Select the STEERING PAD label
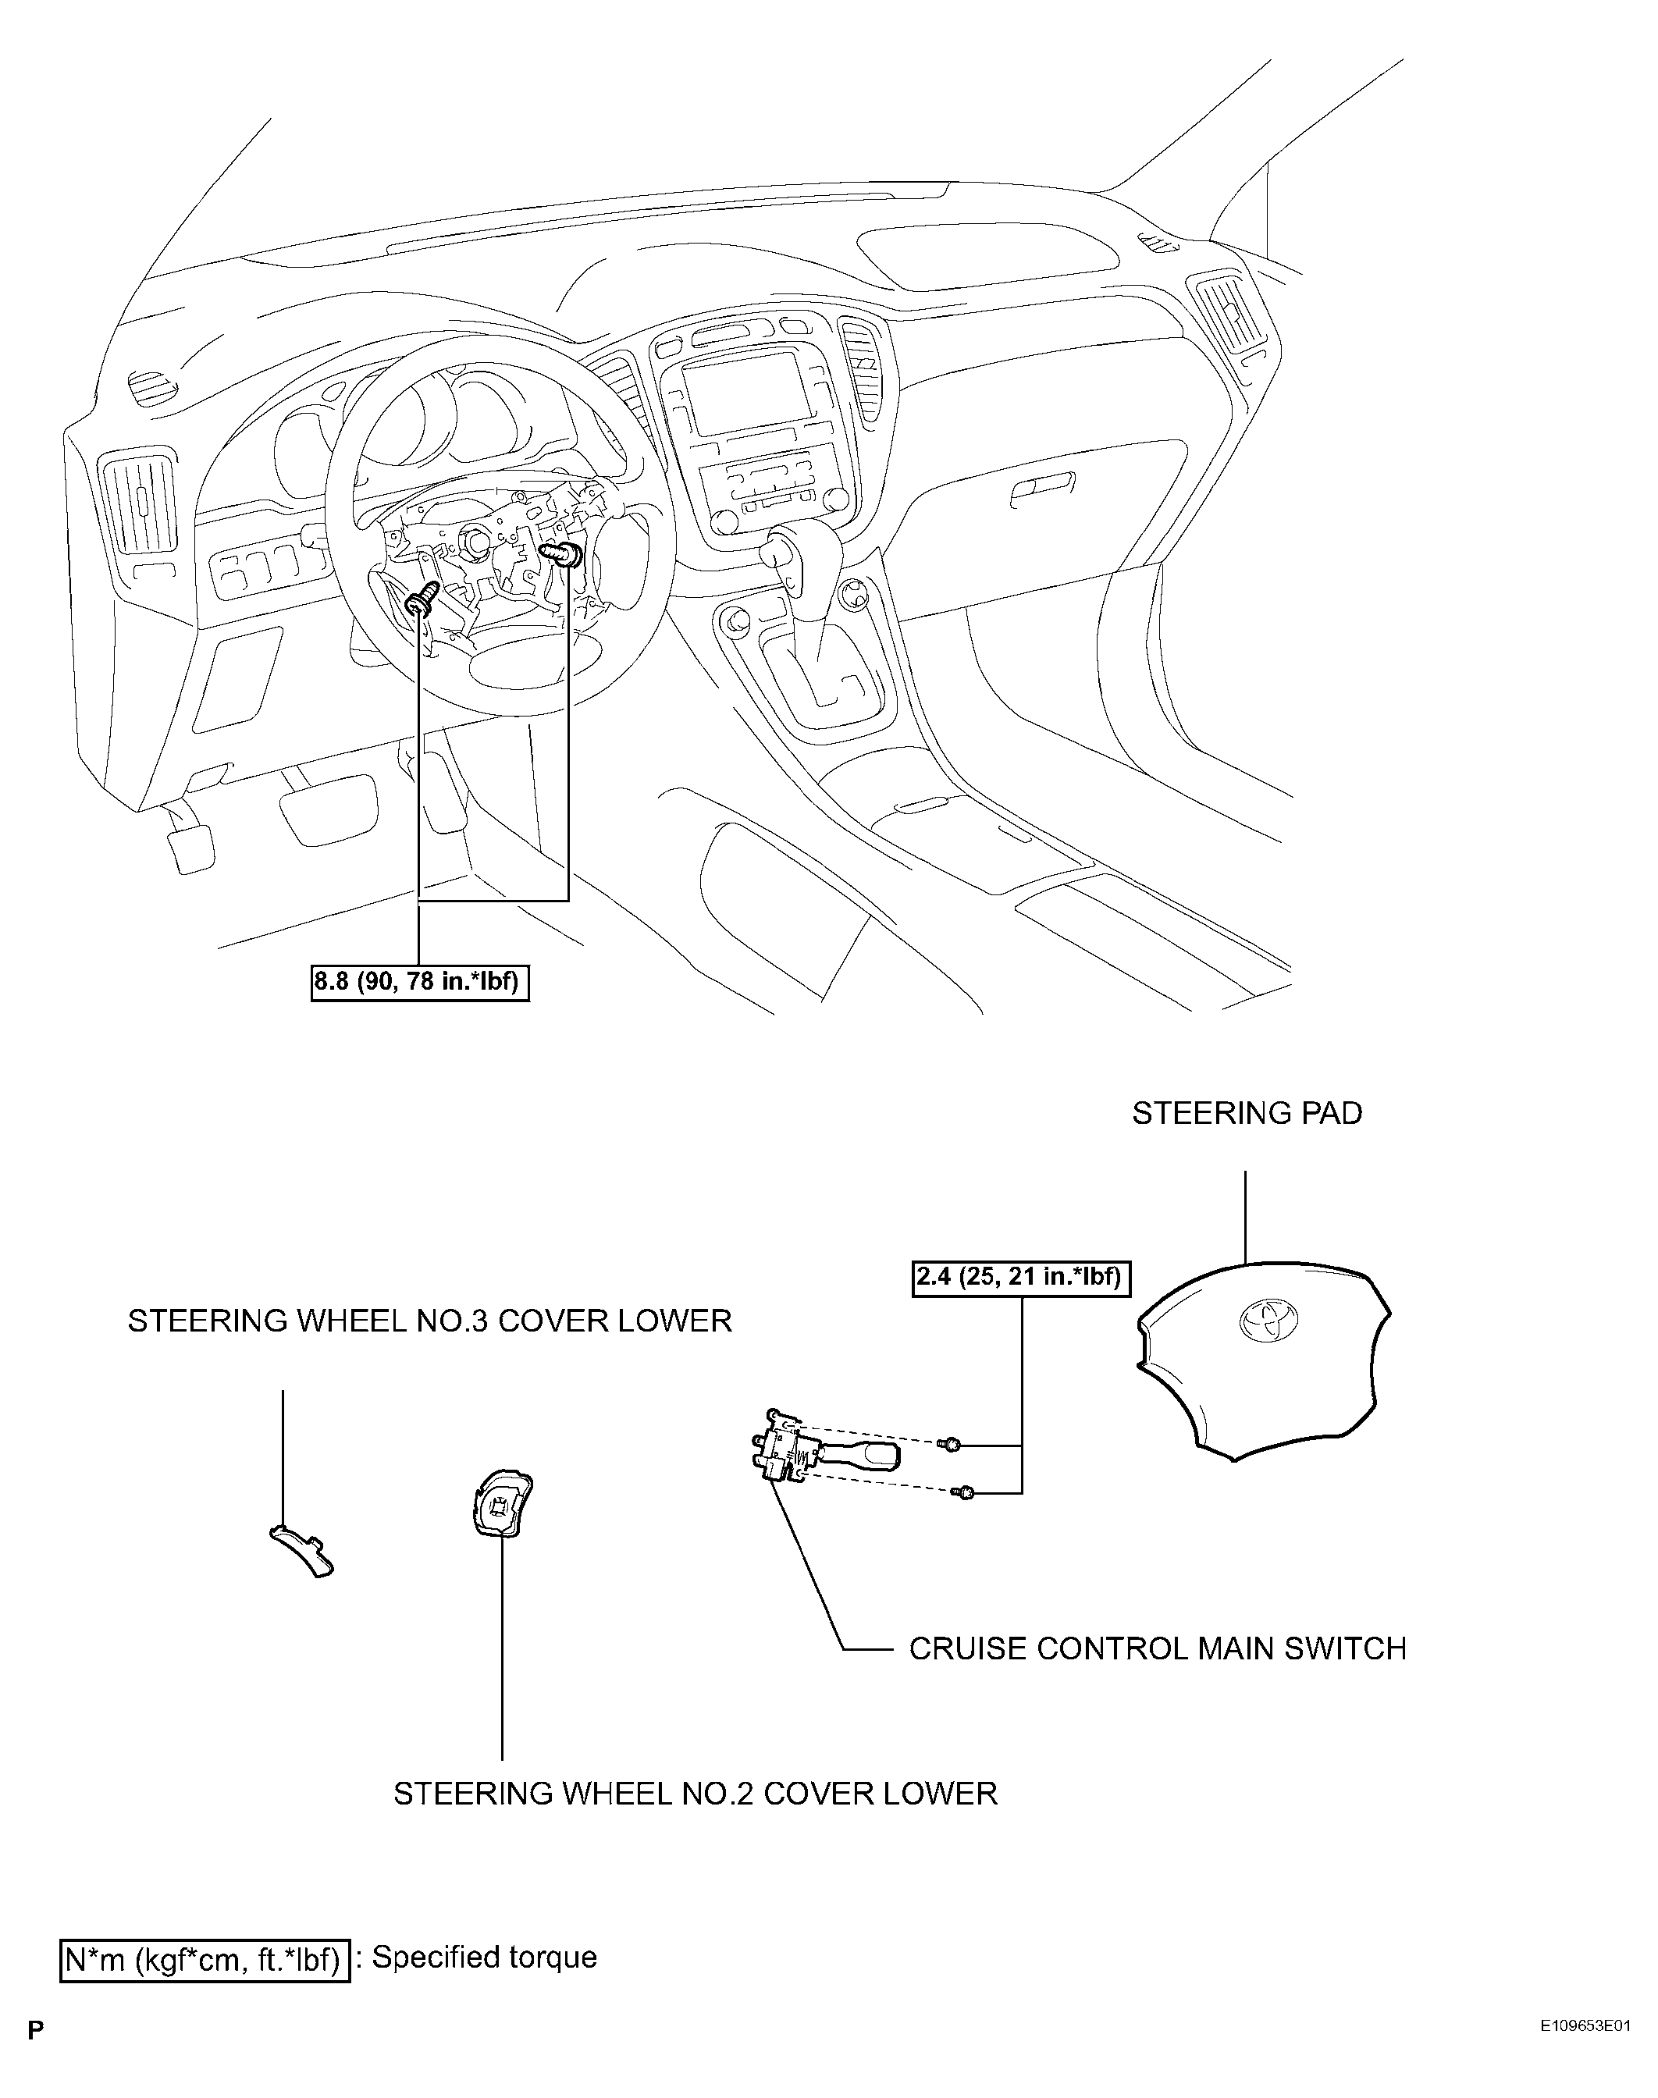(x=1247, y=1113)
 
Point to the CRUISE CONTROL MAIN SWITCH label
(x=1157, y=1648)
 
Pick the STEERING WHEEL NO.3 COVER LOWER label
(x=430, y=1321)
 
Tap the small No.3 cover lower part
(x=301, y=1550)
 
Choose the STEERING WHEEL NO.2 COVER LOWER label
(x=695, y=1794)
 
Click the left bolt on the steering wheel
(x=423, y=599)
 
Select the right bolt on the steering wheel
(x=563, y=555)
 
